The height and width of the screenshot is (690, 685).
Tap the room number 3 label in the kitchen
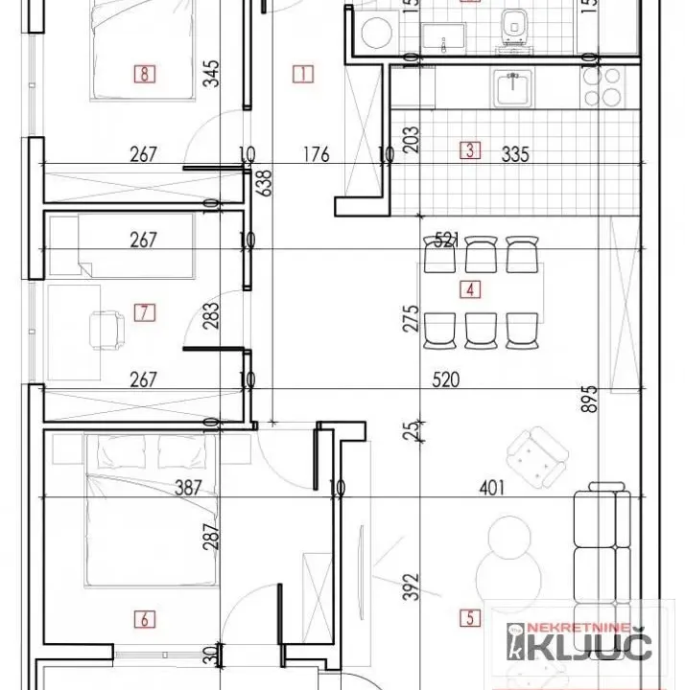pyautogui.click(x=470, y=149)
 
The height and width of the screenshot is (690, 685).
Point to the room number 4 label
pyautogui.click(x=470, y=288)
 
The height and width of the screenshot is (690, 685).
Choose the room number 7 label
pyautogui.click(x=144, y=311)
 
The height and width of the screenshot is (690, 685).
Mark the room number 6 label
pyautogui.click(x=144, y=619)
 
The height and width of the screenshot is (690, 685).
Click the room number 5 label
pyautogui.click(x=470, y=619)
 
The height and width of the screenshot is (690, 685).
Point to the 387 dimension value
pyautogui.click(x=189, y=488)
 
